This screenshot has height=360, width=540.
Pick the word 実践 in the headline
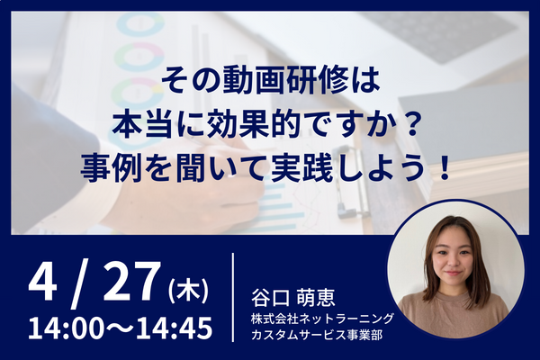302,168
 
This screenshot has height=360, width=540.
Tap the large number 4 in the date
42,281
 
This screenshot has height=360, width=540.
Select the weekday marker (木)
189,292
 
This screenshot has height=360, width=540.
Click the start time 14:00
66,328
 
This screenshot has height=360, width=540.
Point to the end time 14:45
174,328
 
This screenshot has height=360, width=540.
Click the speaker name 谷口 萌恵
292,298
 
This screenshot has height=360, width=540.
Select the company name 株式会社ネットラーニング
322,319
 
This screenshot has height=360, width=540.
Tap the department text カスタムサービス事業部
317,335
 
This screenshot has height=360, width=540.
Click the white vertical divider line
233,297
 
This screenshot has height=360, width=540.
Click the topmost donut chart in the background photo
140,25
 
